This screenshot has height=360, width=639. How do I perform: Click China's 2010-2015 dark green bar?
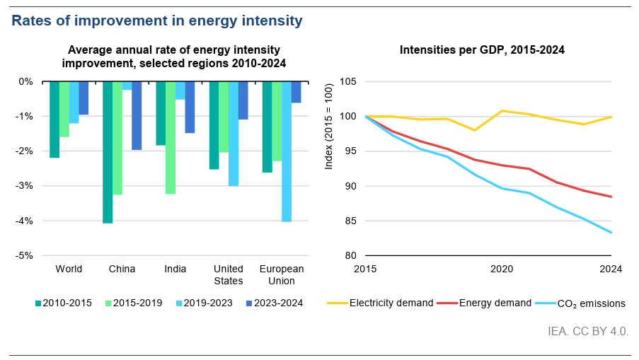point(108,152)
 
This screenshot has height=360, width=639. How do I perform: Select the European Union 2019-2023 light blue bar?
point(287,151)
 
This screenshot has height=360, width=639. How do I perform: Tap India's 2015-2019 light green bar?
point(171,138)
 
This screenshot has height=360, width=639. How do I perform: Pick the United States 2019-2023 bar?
point(234,134)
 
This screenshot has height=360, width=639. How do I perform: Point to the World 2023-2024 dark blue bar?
point(84,98)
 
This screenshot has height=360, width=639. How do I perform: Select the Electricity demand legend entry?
point(380,303)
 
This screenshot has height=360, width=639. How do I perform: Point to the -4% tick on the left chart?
point(25,221)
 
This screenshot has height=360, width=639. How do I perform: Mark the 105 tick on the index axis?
point(347,81)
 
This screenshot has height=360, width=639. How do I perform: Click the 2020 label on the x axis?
point(502,269)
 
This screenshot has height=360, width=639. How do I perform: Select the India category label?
point(175,269)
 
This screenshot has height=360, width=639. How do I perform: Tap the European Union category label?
point(282,274)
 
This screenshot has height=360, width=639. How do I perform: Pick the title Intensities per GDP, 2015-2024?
point(481,50)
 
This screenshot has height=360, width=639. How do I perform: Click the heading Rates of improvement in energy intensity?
point(156,21)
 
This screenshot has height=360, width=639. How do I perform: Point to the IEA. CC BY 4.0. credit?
point(588,331)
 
